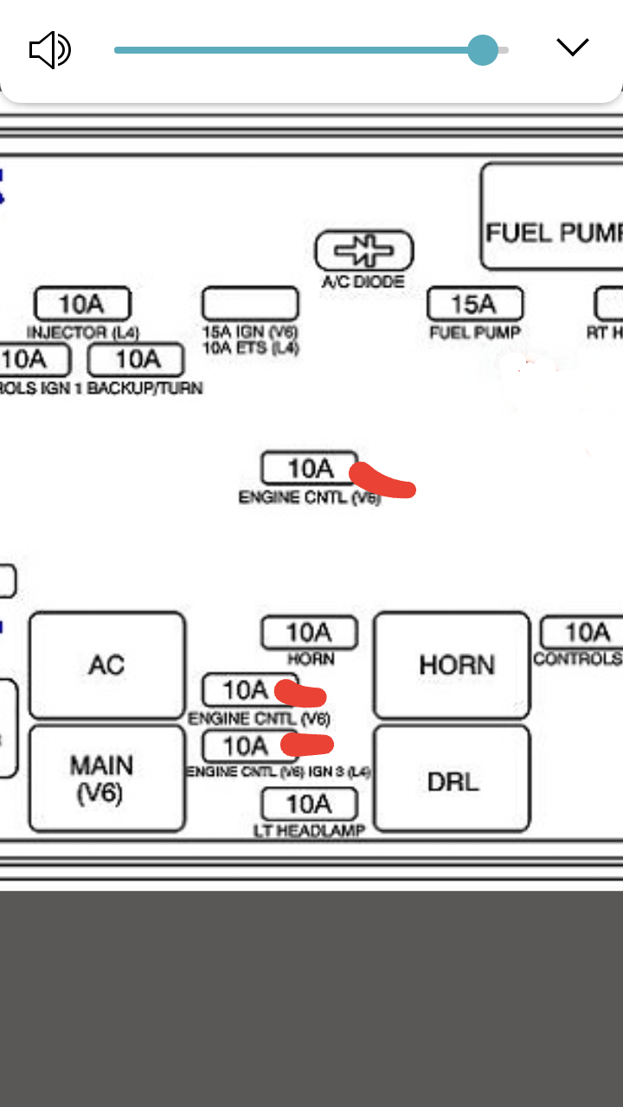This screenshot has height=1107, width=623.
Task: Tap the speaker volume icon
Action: [x=49, y=49]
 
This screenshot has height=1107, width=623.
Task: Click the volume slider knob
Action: [x=483, y=49]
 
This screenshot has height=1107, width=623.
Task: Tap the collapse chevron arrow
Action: [x=572, y=47]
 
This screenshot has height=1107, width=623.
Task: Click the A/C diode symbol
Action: [x=363, y=252]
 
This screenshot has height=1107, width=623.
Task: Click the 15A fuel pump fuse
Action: [x=475, y=304]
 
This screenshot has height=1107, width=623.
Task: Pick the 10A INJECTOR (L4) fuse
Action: [x=82, y=304]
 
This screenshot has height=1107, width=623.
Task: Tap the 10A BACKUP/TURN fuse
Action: [x=136, y=359]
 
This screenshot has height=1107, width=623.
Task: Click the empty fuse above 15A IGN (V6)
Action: [x=250, y=304]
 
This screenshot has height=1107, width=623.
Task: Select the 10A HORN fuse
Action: [x=309, y=632]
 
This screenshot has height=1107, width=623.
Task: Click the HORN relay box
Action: [x=452, y=665]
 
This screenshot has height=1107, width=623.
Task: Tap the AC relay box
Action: [x=107, y=665]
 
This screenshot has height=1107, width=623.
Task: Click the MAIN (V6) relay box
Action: [x=107, y=778]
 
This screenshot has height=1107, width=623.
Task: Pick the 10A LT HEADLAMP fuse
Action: [x=309, y=804]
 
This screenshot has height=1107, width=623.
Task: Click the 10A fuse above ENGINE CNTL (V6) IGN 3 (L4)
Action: [x=247, y=745]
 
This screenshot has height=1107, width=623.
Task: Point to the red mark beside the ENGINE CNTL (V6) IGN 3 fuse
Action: [x=308, y=744]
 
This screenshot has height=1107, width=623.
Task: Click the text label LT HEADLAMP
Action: [x=309, y=831]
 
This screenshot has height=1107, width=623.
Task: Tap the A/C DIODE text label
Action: [x=363, y=282]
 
